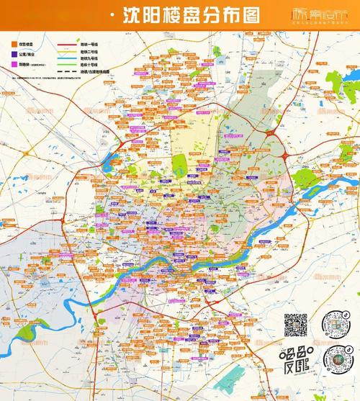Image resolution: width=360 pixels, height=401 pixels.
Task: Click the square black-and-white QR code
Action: [294, 325]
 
